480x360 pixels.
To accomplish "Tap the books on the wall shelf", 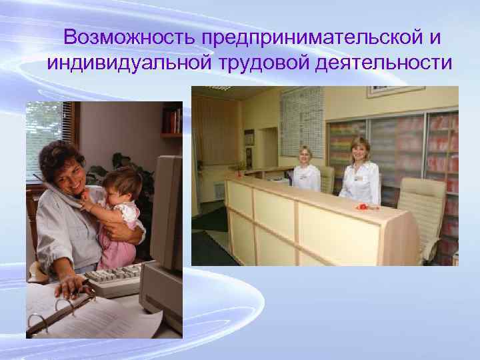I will point(171,121).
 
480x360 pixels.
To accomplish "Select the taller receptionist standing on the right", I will point(360,173).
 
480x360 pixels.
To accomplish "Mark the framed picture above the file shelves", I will point(395,91).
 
